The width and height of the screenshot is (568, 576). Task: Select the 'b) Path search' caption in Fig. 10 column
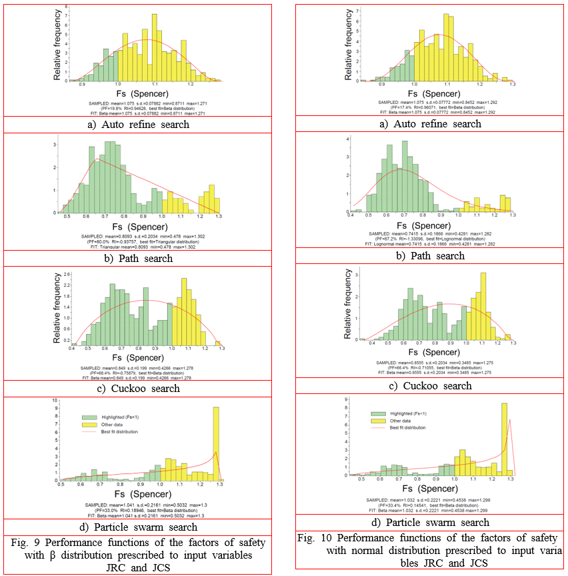[430, 256]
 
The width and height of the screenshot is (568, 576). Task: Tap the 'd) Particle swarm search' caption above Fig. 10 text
[430, 522]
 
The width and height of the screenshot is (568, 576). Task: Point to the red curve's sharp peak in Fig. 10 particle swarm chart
[510, 420]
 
